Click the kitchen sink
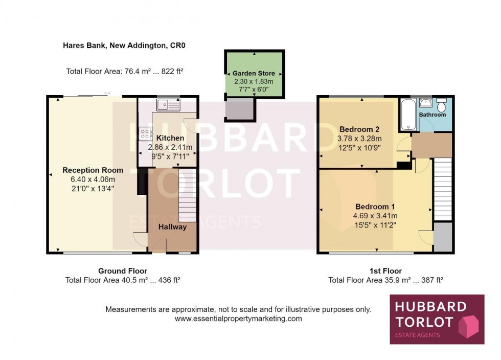[x=168, y=104]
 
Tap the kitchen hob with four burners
[x=145, y=133]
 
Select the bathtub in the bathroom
[x=408, y=115]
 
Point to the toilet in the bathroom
[x=441, y=105]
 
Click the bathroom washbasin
[x=425, y=103]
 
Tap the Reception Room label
[x=93, y=170]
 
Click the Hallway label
[x=173, y=227]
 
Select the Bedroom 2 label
[x=359, y=129]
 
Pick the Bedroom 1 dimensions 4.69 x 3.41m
[x=375, y=216]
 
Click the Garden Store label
[x=254, y=73]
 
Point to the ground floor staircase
[x=187, y=195]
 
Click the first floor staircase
[x=443, y=190]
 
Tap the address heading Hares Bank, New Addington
[x=124, y=46]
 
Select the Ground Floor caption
[x=123, y=271]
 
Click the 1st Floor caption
[x=385, y=271]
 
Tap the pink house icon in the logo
[x=469, y=326]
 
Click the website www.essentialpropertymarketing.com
[x=238, y=319]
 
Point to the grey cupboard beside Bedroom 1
[x=443, y=237]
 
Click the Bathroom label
[x=432, y=115]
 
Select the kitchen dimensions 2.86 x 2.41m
[x=170, y=147]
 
